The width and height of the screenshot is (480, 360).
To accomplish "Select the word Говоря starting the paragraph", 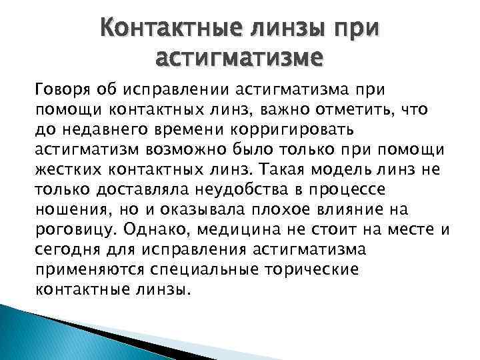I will coord(63,89).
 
